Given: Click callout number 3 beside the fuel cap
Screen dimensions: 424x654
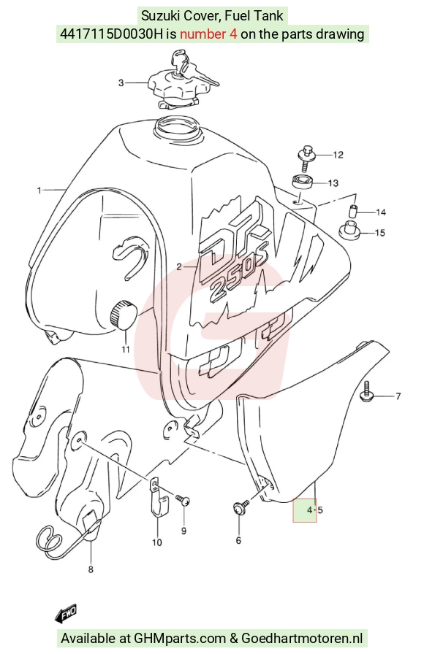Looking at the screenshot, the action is tap(121, 83).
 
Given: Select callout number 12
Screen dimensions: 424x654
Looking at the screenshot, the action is tap(338, 155).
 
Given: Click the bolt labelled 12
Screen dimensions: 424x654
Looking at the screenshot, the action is tap(306, 157).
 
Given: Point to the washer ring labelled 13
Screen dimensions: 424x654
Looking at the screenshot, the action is tap(303, 182).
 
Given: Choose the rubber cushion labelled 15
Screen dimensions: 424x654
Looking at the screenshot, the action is tap(349, 230).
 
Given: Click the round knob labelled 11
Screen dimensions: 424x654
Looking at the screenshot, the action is tap(124, 314).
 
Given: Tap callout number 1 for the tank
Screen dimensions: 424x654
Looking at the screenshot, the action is tap(39, 191).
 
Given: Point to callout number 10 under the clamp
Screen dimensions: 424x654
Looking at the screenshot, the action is tap(156, 542).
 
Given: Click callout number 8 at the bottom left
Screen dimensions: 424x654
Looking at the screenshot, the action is tap(91, 569).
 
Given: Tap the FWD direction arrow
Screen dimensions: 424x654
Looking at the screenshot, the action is tap(66, 612).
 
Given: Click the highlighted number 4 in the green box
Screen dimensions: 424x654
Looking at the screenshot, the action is tap(309, 509).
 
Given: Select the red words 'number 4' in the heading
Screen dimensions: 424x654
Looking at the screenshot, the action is tap(208, 34).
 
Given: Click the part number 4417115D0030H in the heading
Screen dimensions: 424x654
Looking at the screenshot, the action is tap(111, 34).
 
